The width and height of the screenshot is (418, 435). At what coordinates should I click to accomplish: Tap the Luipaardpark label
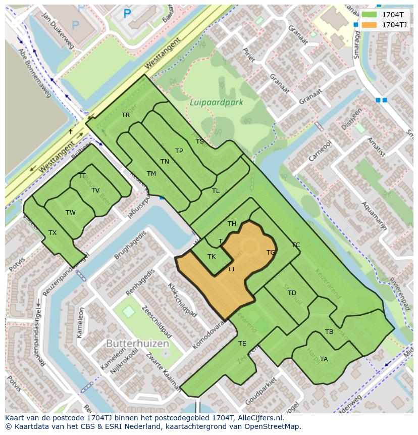tap(217, 102)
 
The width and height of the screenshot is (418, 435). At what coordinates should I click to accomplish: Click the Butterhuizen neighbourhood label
tap(137, 343)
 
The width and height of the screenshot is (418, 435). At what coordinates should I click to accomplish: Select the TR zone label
tap(126, 115)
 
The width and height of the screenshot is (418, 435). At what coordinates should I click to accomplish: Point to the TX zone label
tap(53, 233)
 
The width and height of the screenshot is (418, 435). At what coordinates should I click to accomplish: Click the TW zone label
tap(70, 213)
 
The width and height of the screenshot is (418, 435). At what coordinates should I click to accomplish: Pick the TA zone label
tap(324, 359)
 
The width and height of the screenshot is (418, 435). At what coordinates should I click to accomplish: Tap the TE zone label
tap(242, 344)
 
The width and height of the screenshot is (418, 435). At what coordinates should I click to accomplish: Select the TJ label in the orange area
tap(231, 269)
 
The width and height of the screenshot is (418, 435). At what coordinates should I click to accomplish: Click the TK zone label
tap(212, 257)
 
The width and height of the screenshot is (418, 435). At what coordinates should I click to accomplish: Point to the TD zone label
tap(292, 293)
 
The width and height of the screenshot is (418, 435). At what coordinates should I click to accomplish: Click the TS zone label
tap(199, 141)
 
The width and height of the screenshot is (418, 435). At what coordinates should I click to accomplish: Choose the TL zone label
tap(216, 191)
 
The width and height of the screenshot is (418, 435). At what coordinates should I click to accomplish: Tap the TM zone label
tap(151, 174)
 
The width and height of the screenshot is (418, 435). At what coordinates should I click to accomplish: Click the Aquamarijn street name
tap(374, 215)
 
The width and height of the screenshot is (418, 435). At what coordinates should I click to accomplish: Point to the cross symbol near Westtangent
tap(71, 131)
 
